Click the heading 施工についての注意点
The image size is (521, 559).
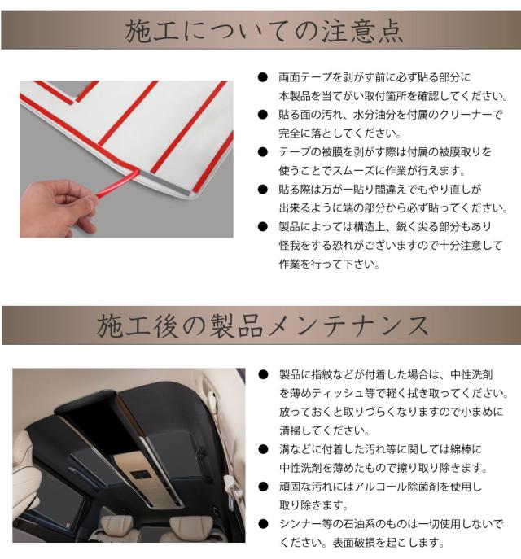click(264, 31)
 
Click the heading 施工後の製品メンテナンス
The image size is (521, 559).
click(263, 325)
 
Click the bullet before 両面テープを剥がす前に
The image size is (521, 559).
click(262, 77)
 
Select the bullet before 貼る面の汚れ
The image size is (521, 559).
click(262, 115)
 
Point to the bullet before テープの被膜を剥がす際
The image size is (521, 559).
click(262, 152)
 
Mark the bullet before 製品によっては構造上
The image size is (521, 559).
click(262, 226)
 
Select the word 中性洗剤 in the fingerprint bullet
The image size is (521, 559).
click(471, 374)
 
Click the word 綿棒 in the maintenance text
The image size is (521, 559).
click(460, 449)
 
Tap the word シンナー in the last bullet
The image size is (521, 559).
click(300, 524)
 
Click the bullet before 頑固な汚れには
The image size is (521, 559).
click(263, 487)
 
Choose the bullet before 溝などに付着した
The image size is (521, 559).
click(263, 449)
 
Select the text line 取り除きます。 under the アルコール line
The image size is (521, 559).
click(313, 505)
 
